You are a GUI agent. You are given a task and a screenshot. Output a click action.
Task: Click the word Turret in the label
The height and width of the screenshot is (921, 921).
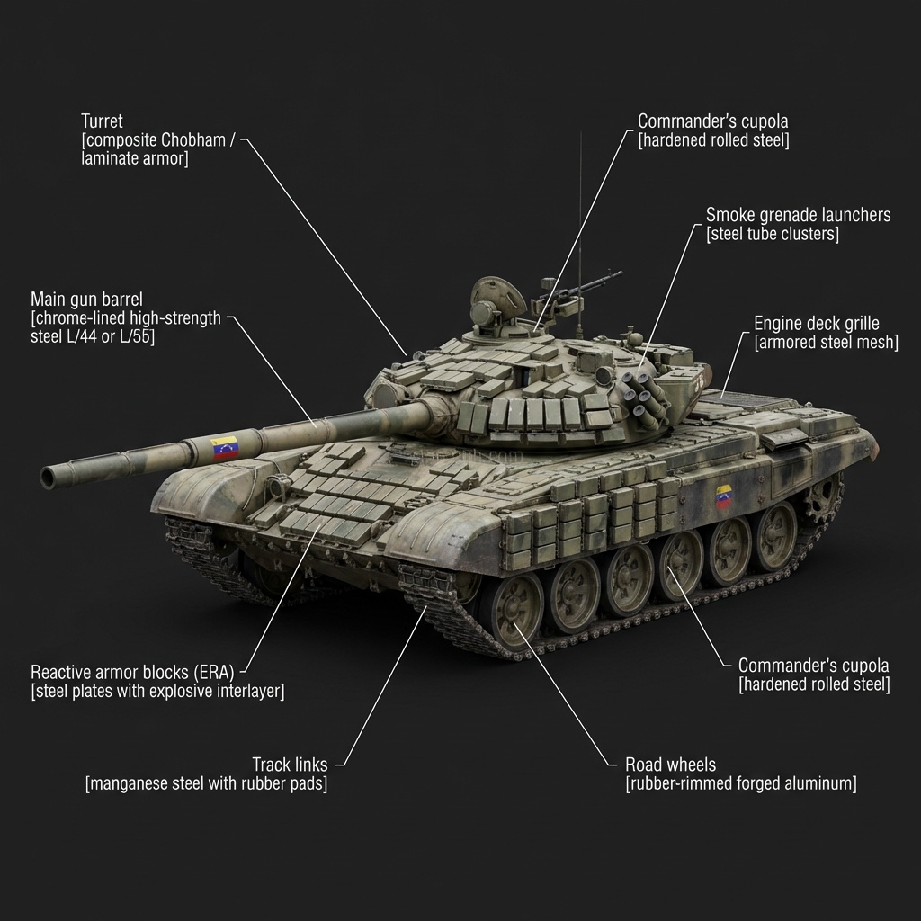point(102,121)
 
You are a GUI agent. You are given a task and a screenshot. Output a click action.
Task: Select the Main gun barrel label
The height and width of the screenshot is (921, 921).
point(86,299)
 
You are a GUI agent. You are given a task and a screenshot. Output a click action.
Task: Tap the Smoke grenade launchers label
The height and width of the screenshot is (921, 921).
point(798,215)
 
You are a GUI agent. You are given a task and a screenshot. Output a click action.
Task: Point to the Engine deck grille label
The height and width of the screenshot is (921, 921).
point(816,323)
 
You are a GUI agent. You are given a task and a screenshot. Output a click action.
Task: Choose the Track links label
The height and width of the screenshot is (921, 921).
point(290,765)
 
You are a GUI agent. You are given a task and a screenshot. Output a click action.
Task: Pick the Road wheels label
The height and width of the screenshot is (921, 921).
point(670,765)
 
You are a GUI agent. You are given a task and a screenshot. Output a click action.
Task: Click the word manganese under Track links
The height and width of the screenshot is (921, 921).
point(130,784)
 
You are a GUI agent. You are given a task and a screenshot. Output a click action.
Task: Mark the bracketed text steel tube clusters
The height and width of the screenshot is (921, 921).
point(773,235)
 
